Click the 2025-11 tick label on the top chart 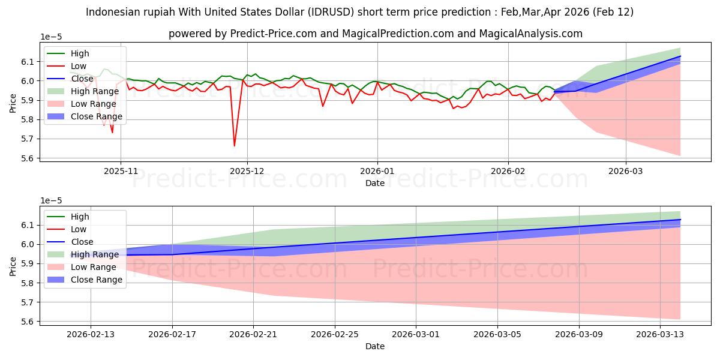121,171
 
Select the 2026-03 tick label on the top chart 626,171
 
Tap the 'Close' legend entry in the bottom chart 82,242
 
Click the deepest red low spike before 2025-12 234,145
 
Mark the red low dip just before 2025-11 112,132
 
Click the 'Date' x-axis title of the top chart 375,183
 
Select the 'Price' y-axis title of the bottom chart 13,266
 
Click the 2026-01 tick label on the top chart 377,171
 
